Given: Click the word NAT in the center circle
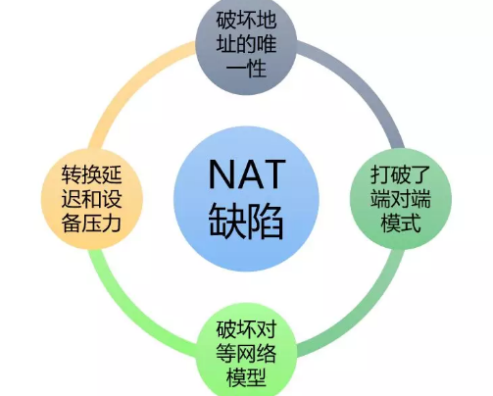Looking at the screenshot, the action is [247, 173].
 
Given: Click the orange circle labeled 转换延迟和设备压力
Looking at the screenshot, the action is [92, 199].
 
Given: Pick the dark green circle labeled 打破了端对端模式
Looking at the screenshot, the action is [401, 199].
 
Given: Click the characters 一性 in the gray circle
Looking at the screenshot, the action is [246, 68].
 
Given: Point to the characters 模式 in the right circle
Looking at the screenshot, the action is [401, 223].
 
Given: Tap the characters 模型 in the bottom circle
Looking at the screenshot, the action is [246, 377].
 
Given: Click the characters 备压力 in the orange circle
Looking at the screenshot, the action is [91, 223].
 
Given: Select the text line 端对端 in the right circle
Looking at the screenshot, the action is [401, 199].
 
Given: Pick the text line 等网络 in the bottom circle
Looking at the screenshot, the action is [246, 353].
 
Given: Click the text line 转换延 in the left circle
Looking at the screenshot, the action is [91, 174].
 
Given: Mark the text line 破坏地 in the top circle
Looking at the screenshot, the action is [246, 20].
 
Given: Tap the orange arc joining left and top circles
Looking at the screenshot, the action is [130, 82].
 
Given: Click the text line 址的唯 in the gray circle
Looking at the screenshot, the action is [246, 44].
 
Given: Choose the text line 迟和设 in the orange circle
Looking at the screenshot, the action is [91, 199].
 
